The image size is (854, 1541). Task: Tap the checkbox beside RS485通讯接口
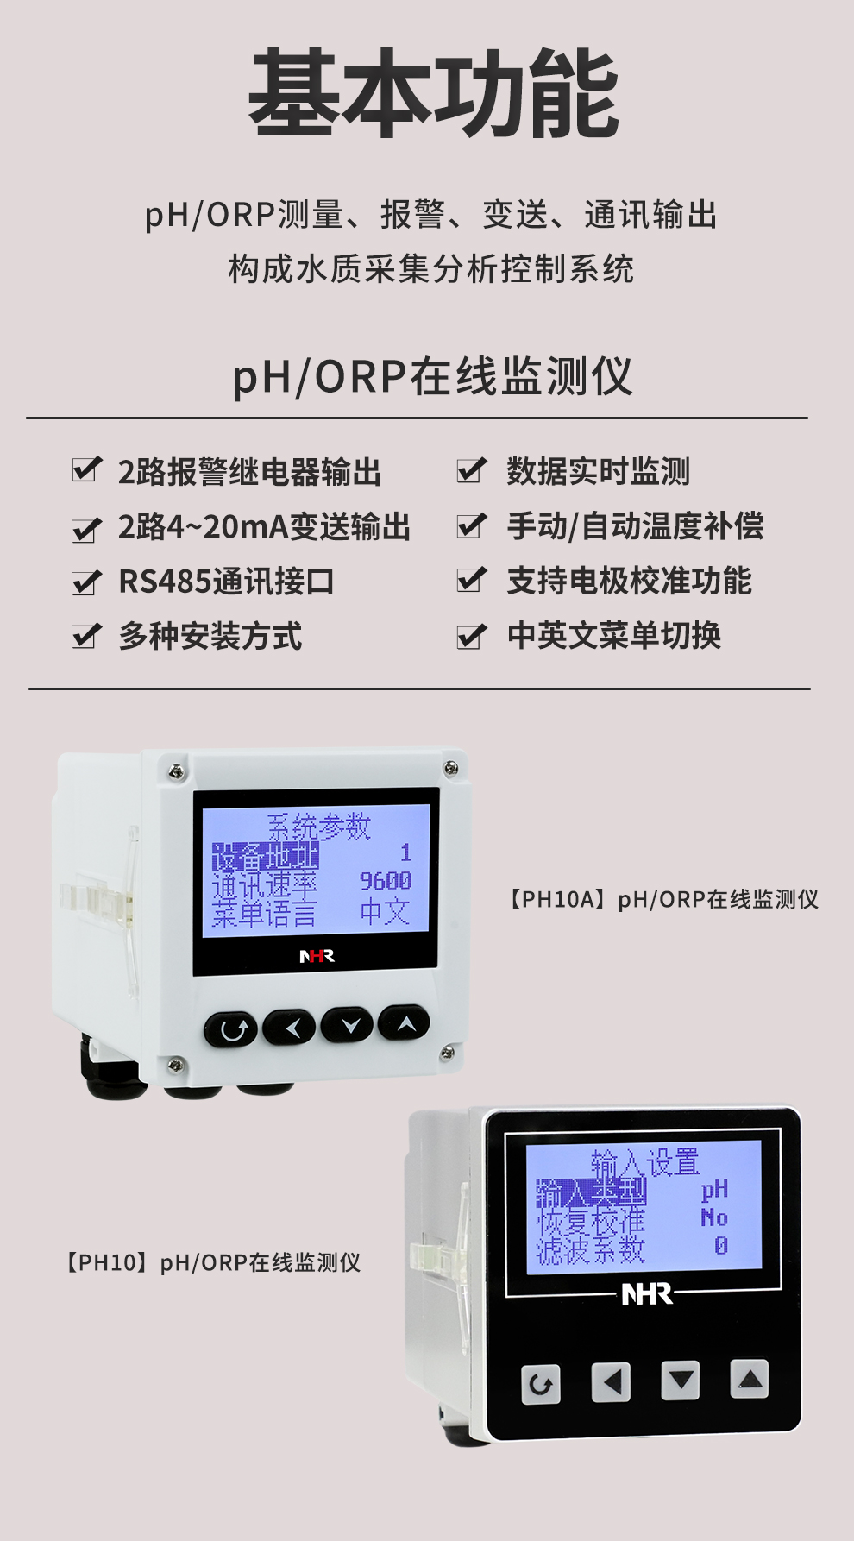[x=86, y=582]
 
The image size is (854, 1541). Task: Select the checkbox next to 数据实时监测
[x=471, y=470]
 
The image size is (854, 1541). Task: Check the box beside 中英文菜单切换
[x=471, y=636]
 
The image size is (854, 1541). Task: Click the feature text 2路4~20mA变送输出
[x=264, y=527]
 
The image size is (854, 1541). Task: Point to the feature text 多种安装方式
[x=210, y=637]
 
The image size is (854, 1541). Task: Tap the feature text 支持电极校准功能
[x=629, y=582]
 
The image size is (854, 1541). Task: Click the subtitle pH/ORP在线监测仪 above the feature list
[x=432, y=377]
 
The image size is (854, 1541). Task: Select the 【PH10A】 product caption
[x=661, y=900]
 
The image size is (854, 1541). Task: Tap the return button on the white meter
[x=231, y=1028]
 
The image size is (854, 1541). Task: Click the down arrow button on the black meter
[x=680, y=1381]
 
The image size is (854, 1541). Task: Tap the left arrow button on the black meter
[x=611, y=1382]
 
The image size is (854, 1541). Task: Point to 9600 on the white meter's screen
[x=386, y=881]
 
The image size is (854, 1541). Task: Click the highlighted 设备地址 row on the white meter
[x=266, y=856]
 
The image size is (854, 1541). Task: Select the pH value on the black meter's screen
[x=714, y=1190]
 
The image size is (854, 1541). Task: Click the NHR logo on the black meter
[x=647, y=1294]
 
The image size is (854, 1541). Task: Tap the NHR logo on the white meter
[x=317, y=956]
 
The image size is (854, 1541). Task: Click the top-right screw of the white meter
[x=450, y=768]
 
